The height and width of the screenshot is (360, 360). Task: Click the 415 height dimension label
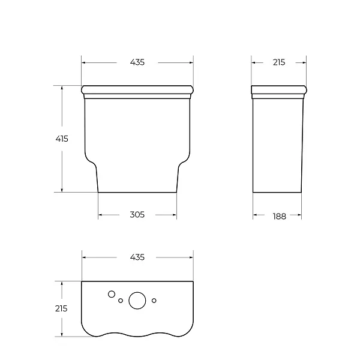tap(62, 139)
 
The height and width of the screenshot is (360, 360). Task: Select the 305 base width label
tap(137, 215)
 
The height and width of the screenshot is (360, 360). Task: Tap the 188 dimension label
tap(280, 216)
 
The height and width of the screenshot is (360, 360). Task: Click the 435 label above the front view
tap(137, 62)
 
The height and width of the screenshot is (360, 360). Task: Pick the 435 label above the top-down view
tap(137, 257)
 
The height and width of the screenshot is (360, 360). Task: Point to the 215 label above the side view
tap(279, 62)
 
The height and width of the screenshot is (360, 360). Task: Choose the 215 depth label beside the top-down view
tap(61, 308)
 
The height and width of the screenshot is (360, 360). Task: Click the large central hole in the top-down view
tap(137, 301)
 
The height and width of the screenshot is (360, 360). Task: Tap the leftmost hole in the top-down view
tap(112, 294)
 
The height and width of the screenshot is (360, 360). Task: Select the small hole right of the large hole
tap(154, 301)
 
